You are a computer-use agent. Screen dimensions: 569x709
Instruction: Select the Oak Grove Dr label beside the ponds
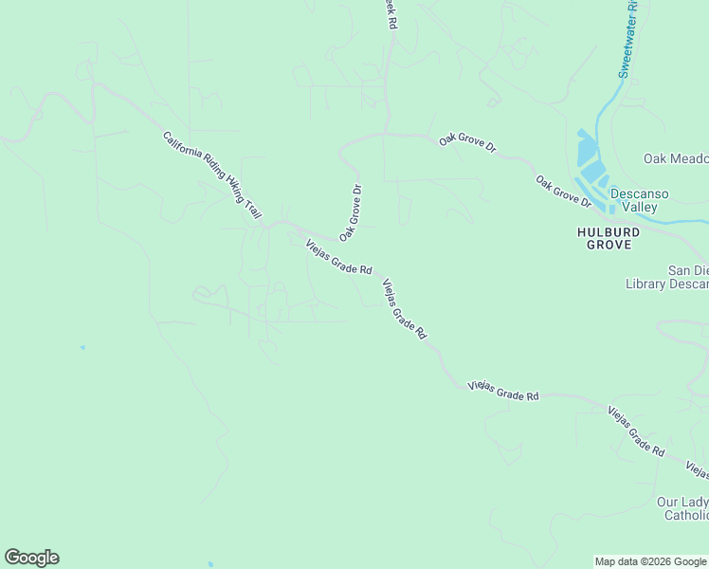point(563,191)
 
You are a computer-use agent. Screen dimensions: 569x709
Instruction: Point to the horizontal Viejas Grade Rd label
point(502,394)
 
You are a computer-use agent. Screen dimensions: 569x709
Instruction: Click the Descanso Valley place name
point(639,200)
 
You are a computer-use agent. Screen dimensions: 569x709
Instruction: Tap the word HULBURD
point(608,231)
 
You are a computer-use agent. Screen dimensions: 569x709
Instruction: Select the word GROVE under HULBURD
point(608,244)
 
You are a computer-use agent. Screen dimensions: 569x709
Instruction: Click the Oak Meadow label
point(675,159)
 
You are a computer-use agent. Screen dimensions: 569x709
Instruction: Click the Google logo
point(31,558)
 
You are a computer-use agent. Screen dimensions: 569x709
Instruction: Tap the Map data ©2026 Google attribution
point(651,561)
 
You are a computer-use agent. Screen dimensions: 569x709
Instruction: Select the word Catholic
point(685,515)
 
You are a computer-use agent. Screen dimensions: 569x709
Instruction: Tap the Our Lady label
point(682,501)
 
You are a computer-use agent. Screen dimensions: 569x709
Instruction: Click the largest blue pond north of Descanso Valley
point(587,148)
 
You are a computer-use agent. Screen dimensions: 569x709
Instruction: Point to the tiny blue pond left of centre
point(82,347)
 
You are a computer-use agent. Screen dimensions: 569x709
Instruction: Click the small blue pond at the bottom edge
point(209,564)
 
